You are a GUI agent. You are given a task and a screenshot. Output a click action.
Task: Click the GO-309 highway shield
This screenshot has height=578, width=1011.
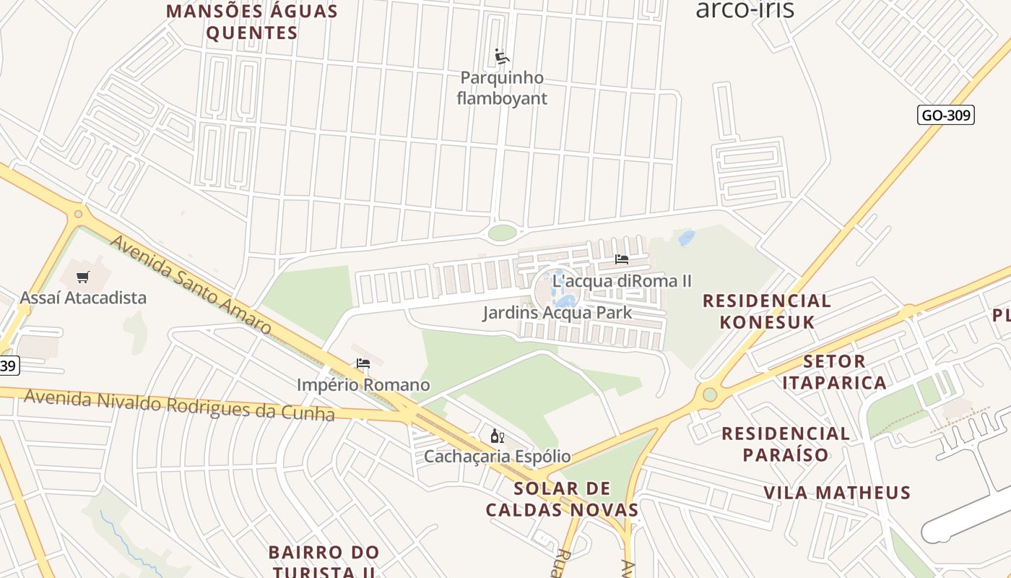(946, 115)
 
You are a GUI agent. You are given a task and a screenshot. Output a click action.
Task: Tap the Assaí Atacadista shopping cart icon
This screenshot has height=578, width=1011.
(83, 277)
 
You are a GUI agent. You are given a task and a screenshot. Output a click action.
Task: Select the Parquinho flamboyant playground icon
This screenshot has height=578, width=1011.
(502, 56)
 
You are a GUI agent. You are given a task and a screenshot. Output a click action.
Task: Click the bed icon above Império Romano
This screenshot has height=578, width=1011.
(363, 363)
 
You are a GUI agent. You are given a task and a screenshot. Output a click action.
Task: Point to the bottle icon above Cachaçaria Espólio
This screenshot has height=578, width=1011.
(497, 436)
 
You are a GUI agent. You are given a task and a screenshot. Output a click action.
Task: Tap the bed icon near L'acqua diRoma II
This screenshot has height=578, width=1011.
(621, 259)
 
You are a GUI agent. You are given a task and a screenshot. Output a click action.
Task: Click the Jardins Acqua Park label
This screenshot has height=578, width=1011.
(557, 313)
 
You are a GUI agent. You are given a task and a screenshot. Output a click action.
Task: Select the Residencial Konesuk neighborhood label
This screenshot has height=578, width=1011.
(767, 311)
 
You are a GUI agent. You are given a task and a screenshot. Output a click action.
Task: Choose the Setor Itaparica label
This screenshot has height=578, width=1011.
(834, 371)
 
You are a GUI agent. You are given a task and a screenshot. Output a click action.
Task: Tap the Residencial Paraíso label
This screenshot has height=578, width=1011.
(786, 444)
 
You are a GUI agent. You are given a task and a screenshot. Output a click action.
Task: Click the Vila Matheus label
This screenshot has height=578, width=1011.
(837, 493)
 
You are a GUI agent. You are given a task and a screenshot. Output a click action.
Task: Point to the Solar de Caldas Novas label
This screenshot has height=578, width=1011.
(562, 499)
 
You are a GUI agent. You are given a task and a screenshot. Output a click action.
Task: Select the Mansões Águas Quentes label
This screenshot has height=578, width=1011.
(252, 22)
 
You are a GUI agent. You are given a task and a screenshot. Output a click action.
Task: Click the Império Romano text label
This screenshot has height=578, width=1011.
(363, 385)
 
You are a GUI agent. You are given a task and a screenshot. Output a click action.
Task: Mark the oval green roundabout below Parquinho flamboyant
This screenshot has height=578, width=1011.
(502, 233)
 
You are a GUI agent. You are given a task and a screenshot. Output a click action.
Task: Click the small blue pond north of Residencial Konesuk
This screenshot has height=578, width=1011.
(686, 238)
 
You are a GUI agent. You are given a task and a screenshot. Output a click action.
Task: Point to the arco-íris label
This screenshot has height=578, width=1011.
(745, 9)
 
